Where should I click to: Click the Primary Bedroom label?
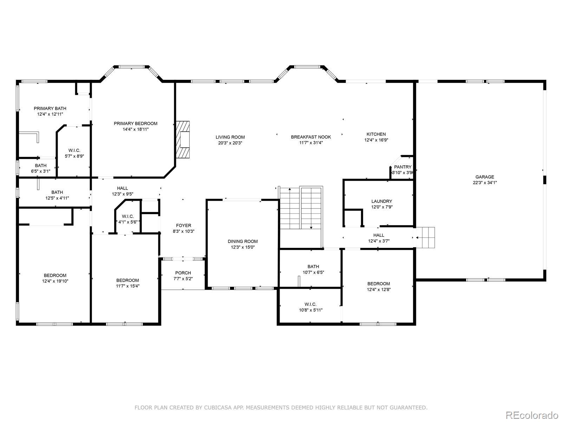click(x=136, y=123)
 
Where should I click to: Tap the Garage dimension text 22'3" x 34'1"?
click(x=485, y=183)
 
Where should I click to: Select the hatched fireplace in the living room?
click(x=183, y=139)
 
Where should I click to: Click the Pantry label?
click(x=403, y=167)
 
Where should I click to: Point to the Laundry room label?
click(x=382, y=202)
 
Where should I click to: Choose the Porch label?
click(x=183, y=273)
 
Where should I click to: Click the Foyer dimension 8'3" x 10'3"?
click(x=184, y=231)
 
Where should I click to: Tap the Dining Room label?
click(x=243, y=241)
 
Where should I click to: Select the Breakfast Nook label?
click(x=311, y=137)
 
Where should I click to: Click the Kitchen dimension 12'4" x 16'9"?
click(x=376, y=140)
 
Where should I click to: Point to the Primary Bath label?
click(x=50, y=108)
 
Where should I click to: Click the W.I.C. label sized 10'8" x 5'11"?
click(x=311, y=305)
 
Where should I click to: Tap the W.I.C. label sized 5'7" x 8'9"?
click(x=74, y=151)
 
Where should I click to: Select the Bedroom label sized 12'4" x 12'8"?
click(x=379, y=284)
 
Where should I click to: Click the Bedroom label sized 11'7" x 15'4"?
click(x=128, y=280)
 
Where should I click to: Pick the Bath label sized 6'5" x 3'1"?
click(x=41, y=166)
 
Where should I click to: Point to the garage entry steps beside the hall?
click(x=425, y=237)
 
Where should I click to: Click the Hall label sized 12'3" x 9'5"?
click(x=122, y=188)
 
